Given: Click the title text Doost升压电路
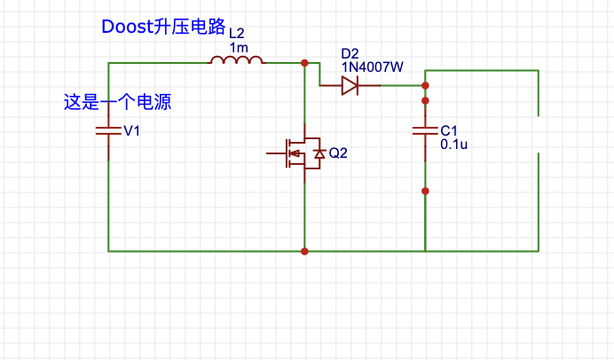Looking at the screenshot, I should (164, 27).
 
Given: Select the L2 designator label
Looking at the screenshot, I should (237, 34).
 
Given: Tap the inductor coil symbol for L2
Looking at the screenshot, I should (236, 61).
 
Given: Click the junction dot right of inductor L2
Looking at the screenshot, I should (304, 63).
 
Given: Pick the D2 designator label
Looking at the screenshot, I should (350, 53).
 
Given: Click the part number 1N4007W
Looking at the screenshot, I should (372, 67).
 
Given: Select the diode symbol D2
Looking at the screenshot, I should (350, 85).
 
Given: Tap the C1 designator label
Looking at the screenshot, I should (449, 130).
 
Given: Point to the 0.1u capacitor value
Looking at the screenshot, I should (453, 144).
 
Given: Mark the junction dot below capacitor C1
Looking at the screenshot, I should (425, 191).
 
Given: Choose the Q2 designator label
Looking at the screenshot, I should (338, 153).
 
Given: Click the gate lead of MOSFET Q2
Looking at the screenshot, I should (275, 153).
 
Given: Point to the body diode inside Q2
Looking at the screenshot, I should (319, 155).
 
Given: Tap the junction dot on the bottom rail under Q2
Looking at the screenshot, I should (304, 251).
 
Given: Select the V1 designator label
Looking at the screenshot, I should (132, 131).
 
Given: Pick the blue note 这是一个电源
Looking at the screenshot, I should (117, 102).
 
